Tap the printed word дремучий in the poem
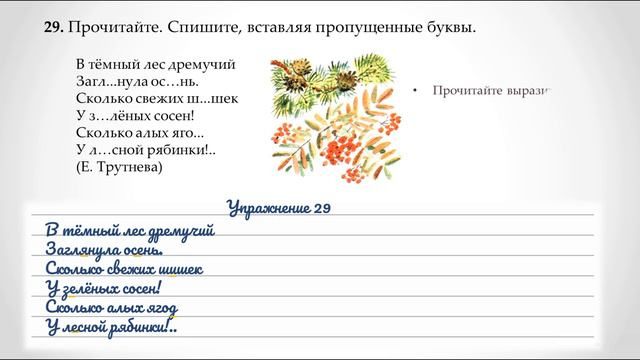coord(203,64)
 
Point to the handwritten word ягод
coord(179,307)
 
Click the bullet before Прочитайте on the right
coord(414,90)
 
